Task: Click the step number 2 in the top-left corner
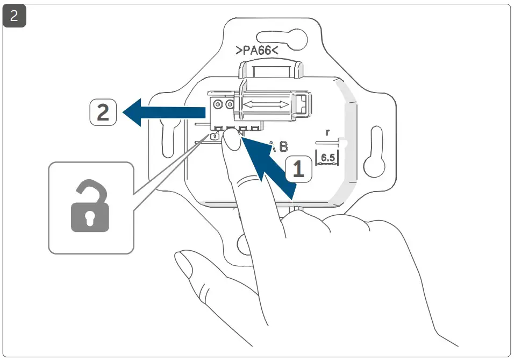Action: click(15, 16)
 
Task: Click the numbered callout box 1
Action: click(297, 168)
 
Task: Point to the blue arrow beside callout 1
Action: click(269, 167)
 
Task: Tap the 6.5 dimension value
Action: click(327, 158)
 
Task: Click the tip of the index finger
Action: click(232, 142)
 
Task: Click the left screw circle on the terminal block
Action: click(218, 103)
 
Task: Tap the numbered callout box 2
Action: click(103, 112)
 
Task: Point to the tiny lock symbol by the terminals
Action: click(215, 137)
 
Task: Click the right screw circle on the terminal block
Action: click(230, 103)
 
